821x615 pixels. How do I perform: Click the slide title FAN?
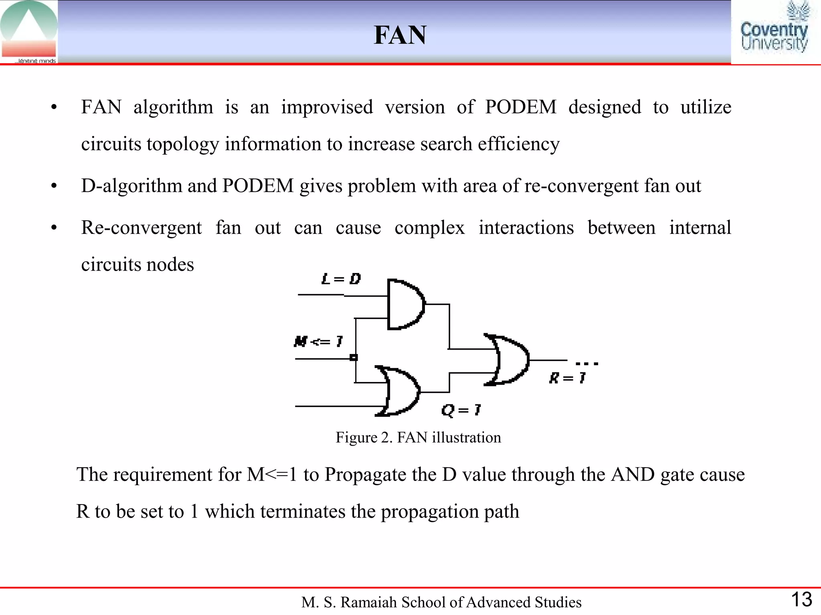[400, 35]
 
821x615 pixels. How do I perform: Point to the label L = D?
[341, 279]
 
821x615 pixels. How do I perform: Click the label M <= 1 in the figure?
[318, 342]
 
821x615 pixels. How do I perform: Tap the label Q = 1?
[461, 410]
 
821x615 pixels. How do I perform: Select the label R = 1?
[567, 378]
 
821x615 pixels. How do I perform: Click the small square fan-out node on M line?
[354, 358]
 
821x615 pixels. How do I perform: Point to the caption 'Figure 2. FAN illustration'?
[418, 437]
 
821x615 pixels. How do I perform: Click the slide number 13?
[801, 599]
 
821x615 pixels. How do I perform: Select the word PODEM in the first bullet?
[520, 107]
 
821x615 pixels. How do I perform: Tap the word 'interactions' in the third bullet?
[526, 227]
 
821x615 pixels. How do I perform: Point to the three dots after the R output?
[587, 364]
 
